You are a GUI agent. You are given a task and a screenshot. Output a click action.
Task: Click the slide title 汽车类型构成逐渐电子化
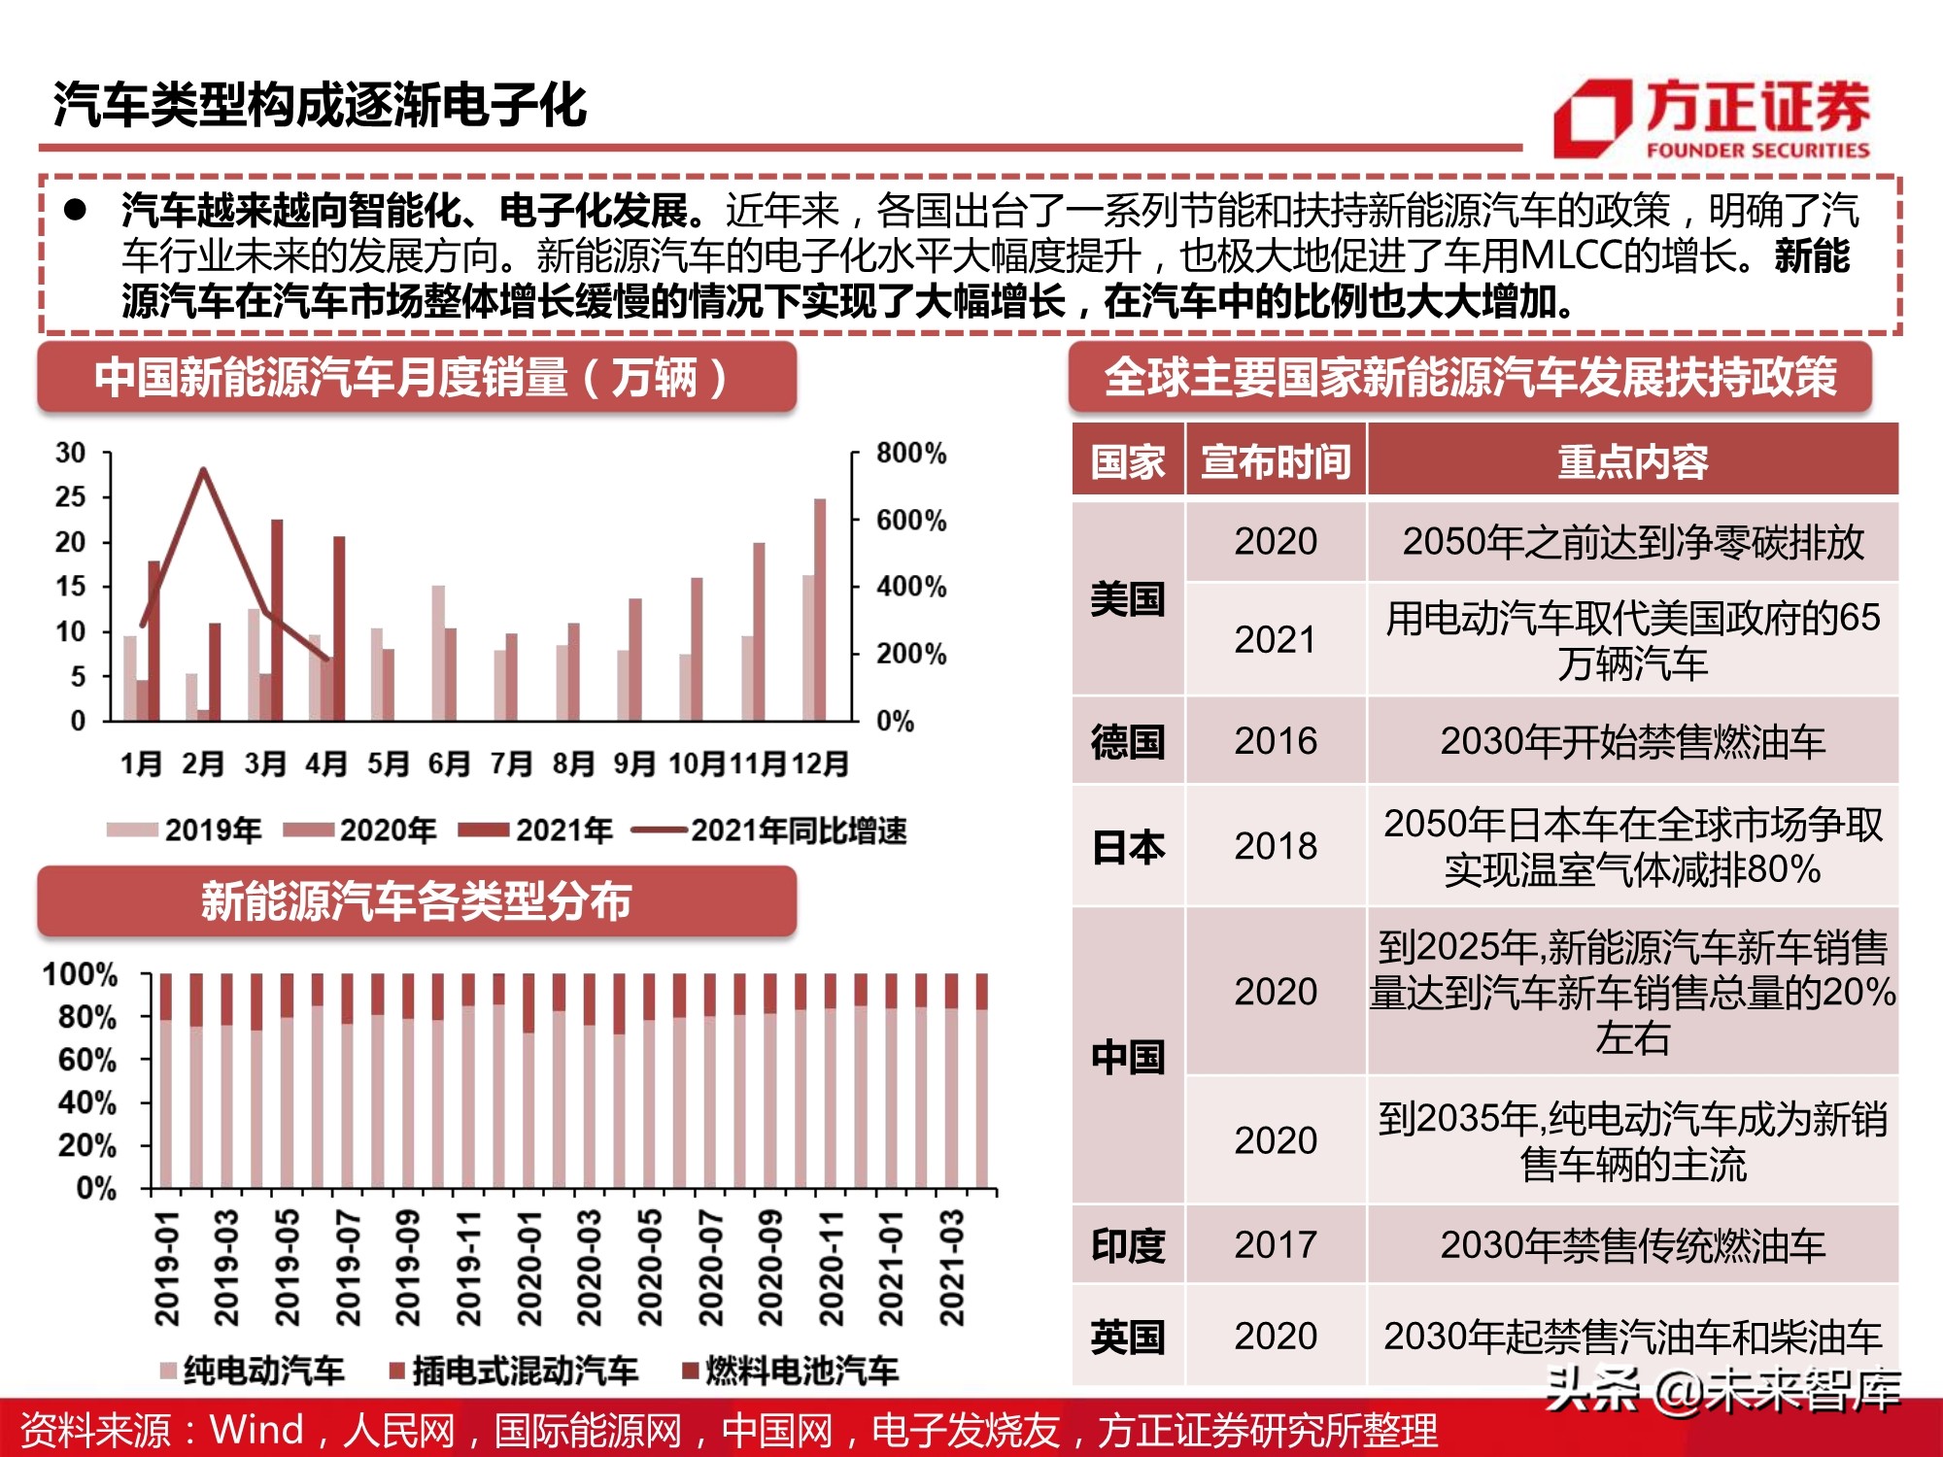(320, 105)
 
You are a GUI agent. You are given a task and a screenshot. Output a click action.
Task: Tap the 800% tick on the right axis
(910, 454)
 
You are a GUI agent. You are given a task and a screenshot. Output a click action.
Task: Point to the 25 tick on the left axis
(71, 497)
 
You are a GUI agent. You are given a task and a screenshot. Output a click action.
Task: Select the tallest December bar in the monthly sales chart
(820, 609)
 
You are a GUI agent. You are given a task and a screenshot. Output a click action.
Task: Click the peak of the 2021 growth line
(203, 470)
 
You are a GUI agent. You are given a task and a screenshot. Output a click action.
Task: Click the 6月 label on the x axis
(449, 764)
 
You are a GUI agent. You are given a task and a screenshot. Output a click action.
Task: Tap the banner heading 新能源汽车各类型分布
(416, 901)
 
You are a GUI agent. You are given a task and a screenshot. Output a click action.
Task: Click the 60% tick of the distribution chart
(87, 1060)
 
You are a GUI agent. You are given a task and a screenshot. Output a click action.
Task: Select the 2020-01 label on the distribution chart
(528, 1268)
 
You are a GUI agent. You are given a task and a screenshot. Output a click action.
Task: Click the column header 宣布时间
(1275, 461)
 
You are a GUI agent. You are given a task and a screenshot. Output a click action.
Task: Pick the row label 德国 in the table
(1127, 742)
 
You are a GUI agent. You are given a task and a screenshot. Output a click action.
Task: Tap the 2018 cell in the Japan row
(1275, 846)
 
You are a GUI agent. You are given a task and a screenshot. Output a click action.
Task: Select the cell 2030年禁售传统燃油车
(1632, 1245)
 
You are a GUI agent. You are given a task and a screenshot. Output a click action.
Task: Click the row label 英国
(1127, 1338)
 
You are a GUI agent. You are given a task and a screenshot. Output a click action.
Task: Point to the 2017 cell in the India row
(1275, 1245)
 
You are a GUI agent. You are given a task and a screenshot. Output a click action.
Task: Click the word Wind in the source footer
(256, 1430)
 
